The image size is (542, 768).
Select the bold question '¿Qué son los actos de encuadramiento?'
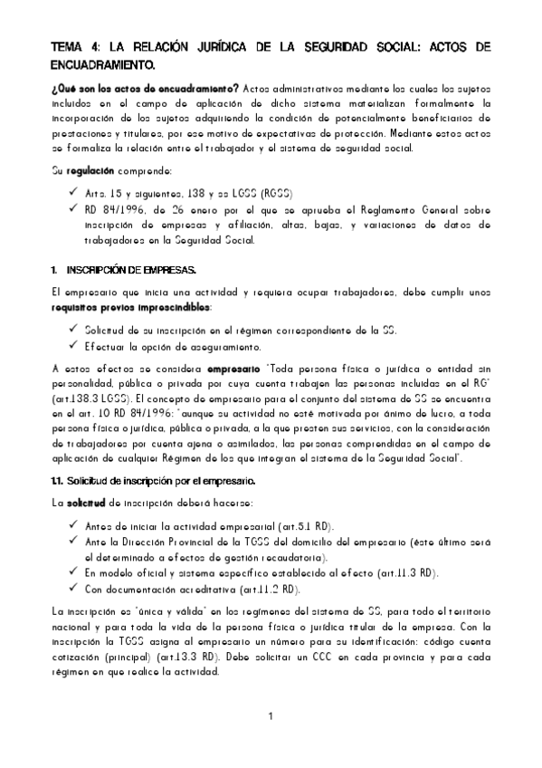(x=143, y=88)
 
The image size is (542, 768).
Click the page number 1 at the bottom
(x=271, y=717)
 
